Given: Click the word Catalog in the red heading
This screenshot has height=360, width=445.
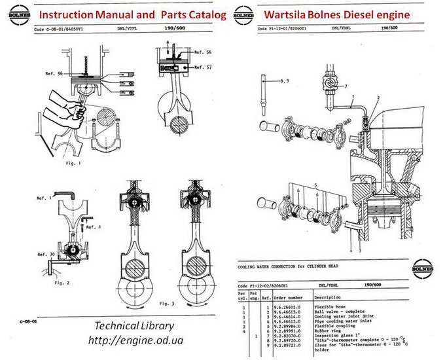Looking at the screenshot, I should [202, 14].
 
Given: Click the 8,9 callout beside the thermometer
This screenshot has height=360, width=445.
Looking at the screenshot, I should [285, 81].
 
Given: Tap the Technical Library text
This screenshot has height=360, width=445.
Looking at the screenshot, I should [134, 326].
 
